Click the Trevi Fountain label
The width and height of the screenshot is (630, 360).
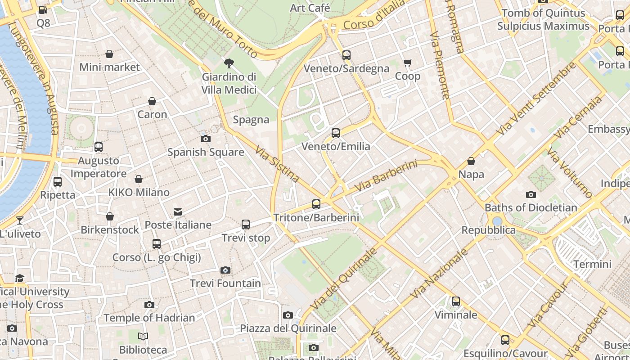[225, 283]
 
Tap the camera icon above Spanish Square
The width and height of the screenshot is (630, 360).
[206, 139]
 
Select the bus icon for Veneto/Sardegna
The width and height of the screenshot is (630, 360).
[346, 55]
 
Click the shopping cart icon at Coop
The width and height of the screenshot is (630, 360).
[407, 63]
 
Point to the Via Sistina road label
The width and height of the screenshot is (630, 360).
[277, 164]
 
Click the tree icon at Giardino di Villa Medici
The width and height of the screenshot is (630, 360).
[229, 63]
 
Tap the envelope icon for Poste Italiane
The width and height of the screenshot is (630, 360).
[178, 211]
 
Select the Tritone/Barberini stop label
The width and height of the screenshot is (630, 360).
[316, 218]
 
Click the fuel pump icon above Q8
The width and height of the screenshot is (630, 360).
[43, 9]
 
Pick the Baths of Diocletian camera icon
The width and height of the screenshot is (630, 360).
[531, 194]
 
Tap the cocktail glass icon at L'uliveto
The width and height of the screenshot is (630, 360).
[20, 220]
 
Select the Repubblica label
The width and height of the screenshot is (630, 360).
[488, 230]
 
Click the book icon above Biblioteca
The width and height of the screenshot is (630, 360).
[143, 336]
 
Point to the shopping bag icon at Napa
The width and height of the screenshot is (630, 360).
[471, 161]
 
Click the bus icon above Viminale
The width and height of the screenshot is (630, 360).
[456, 301]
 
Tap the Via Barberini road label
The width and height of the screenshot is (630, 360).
[386, 175]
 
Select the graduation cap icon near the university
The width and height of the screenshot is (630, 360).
[19, 278]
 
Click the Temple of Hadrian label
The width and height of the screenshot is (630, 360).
[149, 318]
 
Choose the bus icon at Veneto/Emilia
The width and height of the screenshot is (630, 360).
[336, 133]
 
